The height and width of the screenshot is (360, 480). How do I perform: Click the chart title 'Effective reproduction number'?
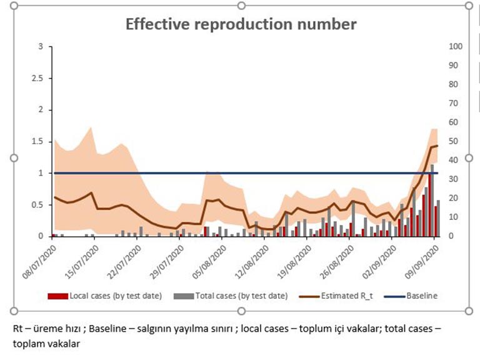click(241, 24)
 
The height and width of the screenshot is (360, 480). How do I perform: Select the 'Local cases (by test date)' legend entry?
click(105, 296)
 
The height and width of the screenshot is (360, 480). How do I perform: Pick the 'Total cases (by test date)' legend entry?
click(231, 296)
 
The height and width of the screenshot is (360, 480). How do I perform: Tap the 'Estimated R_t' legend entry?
click(336, 296)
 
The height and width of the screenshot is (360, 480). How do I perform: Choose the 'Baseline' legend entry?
click(411, 296)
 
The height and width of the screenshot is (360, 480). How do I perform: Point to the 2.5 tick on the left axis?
click(37, 78)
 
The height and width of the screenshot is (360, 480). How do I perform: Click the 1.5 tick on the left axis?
click(37, 142)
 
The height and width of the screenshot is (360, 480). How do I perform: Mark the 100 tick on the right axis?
click(456, 46)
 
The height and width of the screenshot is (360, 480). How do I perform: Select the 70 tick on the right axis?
click(453, 104)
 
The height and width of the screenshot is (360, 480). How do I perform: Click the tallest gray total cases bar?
click(432, 201)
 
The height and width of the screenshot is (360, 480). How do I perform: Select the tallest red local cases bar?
click(429, 205)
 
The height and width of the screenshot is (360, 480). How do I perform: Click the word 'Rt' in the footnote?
click(17, 329)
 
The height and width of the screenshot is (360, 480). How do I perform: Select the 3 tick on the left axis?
click(41, 46)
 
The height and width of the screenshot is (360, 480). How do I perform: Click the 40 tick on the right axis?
click(453, 160)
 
